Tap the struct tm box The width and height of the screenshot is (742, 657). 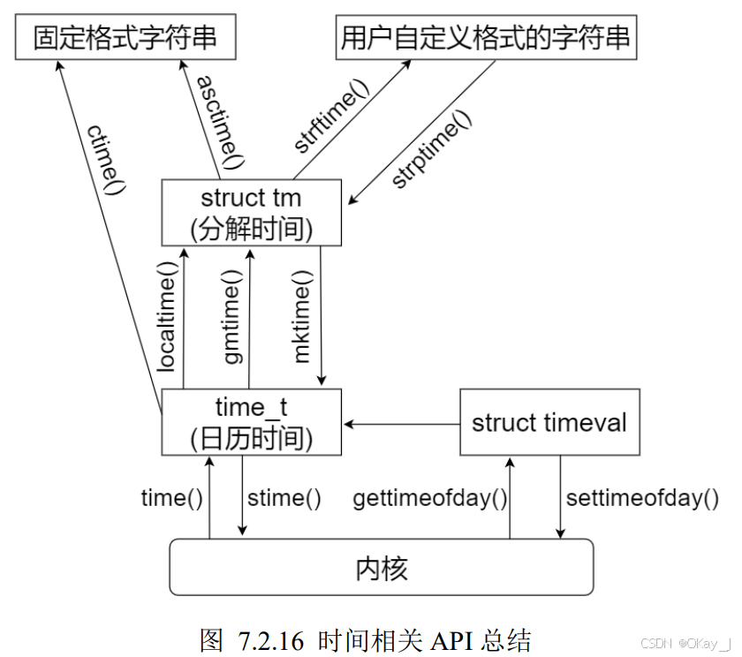click(252, 212)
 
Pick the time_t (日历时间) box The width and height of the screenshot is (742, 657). click(252, 422)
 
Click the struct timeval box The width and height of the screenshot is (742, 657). click(549, 422)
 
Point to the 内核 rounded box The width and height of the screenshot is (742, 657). click(381, 567)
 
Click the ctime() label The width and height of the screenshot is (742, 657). click(107, 158)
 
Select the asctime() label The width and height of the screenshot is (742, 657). click(218, 123)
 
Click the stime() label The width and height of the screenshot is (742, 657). click(284, 498)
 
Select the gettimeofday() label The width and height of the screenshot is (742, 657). click(430, 498)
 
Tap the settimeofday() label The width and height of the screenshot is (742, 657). click(642, 498)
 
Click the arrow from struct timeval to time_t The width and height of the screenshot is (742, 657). click(402, 425)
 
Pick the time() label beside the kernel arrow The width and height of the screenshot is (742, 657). click(172, 498)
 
